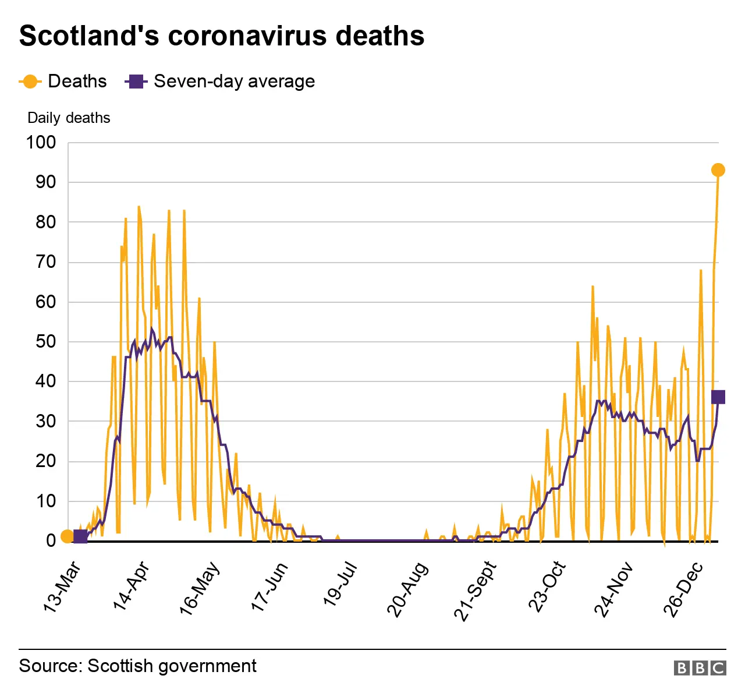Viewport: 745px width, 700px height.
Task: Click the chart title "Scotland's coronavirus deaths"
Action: pyautogui.click(x=221, y=36)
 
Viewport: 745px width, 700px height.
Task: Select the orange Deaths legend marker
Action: pyautogui.click(x=30, y=82)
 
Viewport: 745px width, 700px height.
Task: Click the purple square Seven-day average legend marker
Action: pyautogui.click(x=136, y=82)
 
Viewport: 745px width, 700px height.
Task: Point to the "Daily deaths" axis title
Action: pyautogui.click(x=69, y=118)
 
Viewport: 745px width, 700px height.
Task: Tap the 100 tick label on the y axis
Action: pyautogui.click(x=41, y=143)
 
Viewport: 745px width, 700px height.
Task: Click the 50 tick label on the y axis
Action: pyautogui.click(x=45, y=342)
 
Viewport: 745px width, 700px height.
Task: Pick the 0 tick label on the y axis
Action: pyautogui.click(x=51, y=541)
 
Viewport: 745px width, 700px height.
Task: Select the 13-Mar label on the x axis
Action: pyautogui.click(x=63, y=587)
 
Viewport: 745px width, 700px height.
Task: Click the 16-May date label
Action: pyautogui.click(x=200, y=587)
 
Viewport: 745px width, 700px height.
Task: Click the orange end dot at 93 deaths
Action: pyautogui.click(x=718, y=170)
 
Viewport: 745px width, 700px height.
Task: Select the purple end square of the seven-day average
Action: pyautogui.click(x=718, y=397)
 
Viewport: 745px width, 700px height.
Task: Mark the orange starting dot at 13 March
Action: pyautogui.click(x=67, y=536)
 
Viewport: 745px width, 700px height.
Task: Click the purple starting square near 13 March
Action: pyautogui.click(x=80, y=536)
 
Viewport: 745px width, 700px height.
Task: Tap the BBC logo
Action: pyautogui.click(x=700, y=667)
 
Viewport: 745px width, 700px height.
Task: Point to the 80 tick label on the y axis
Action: pyautogui.click(x=45, y=222)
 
